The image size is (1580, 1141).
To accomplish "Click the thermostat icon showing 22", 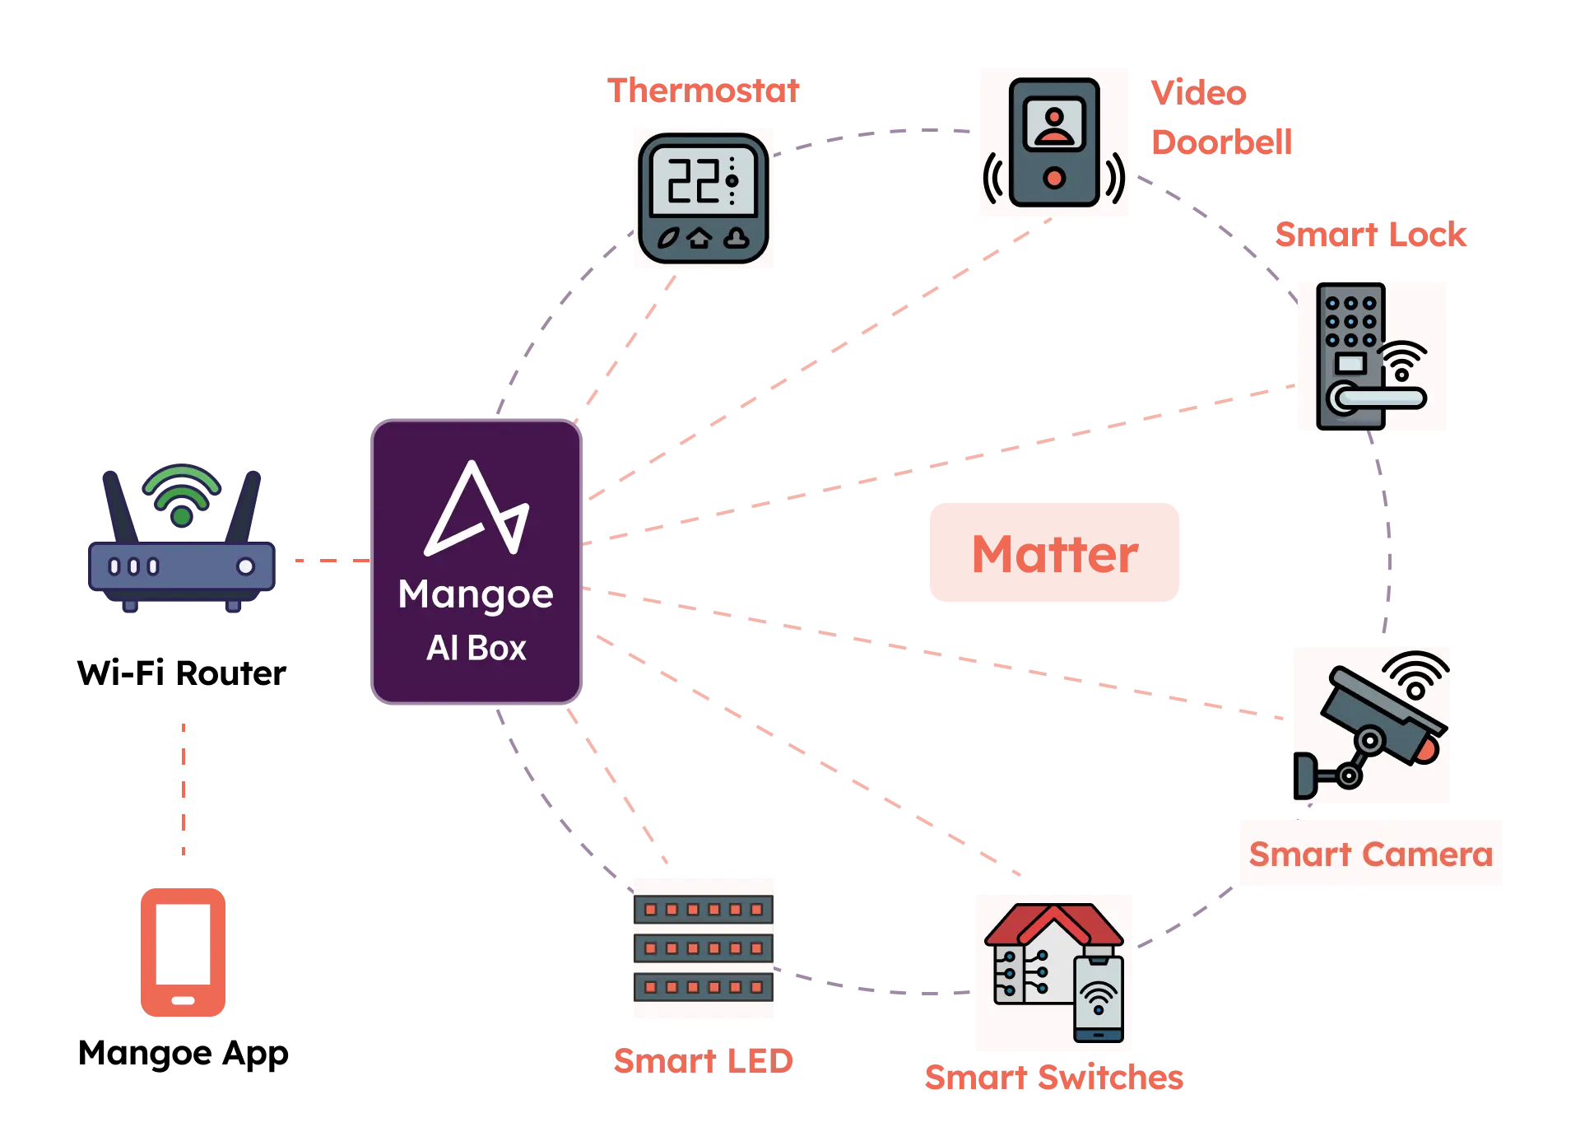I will (x=704, y=198).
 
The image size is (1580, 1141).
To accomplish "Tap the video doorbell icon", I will (x=1053, y=142).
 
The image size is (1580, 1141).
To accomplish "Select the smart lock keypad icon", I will (x=1372, y=356).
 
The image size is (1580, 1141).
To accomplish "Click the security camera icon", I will (x=1372, y=724).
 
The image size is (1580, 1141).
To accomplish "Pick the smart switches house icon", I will (x=1053, y=971).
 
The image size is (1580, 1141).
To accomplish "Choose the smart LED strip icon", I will (x=704, y=948).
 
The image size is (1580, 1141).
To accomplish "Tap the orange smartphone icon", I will (x=183, y=952).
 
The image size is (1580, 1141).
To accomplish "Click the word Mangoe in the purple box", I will (x=476, y=594).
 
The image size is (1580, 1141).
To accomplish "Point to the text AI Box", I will (x=476, y=648).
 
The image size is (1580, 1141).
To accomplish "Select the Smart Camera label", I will (x=1371, y=854).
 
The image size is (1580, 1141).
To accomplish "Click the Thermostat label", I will (x=704, y=90).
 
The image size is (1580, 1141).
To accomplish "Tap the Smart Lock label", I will (x=1371, y=235).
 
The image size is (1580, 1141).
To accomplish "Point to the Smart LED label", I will (x=704, y=1060).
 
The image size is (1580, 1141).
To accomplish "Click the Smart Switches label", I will (x=1053, y=1078).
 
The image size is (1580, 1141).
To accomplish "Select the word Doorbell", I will (x=1223, y=142).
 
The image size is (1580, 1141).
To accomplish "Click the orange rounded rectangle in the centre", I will (x=1055, y=553).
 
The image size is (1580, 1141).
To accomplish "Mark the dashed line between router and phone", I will (x=184, y=787).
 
